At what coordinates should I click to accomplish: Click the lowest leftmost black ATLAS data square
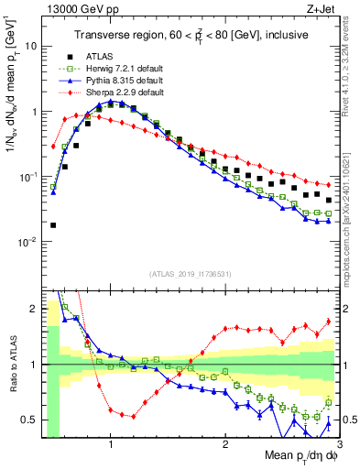pyautogui.click(x=53, y=224)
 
